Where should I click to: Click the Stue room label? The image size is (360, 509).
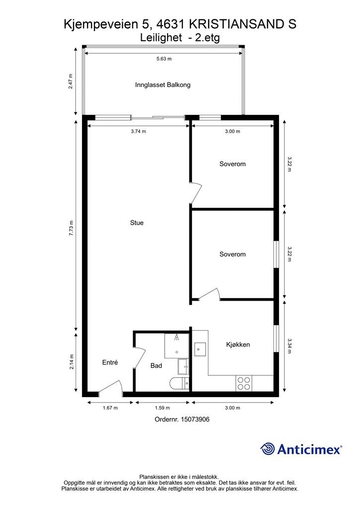click(x=137, y=223)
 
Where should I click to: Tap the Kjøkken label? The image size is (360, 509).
click(x=238, y=344)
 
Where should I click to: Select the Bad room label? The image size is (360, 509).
click(x=156, y=366)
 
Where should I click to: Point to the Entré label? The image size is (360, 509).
click(x=110, y=362)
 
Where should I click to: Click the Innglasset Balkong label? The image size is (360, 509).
click(x=163, y=85)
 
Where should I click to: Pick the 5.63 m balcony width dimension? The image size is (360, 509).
click(x=164, y=59)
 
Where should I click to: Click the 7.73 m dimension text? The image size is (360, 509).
click(x=71, y=228)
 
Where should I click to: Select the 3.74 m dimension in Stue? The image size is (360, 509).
click(x=138, y=131)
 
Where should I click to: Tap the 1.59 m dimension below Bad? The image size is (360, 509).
click(x=162, y=408)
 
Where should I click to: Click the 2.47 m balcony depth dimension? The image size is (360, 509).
click(x=71, y=82)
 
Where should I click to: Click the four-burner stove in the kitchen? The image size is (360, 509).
click(x=244, y=383)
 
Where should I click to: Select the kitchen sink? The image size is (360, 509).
click(x=200, y=349)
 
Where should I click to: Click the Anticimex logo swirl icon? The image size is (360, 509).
click(x=268, y=449)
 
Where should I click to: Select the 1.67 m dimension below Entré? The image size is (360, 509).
click(x=110, y=408)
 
